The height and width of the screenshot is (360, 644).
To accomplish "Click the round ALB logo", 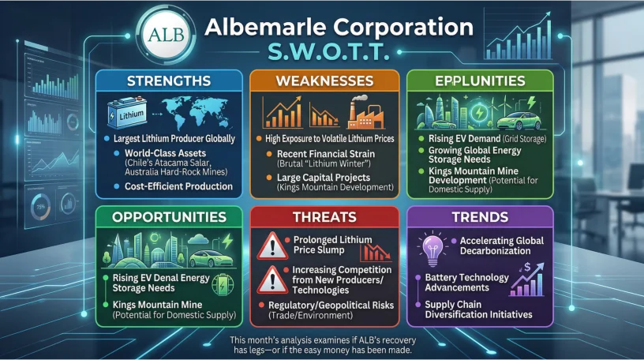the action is [167, 36].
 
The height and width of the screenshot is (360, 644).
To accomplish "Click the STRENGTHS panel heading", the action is [169, 81].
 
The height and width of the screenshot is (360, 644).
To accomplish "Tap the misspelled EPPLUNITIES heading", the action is [480, 81].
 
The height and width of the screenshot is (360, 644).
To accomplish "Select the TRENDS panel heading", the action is [480, 217].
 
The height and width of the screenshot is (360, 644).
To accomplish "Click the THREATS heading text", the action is [324, 217].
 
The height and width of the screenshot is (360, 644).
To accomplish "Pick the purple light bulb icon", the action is [432, 249].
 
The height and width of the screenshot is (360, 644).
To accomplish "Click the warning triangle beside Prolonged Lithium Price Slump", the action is [272, 246].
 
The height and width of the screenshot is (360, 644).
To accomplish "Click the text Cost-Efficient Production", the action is [178, 186].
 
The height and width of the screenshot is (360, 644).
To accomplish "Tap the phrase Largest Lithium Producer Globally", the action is [174, 139].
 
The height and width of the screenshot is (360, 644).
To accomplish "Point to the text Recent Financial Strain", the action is [326, 154].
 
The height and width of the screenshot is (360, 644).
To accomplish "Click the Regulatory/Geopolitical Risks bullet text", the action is [331, 306].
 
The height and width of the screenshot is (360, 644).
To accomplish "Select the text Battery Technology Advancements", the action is [466, 283].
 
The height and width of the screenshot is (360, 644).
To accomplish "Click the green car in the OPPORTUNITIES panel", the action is [211, 258].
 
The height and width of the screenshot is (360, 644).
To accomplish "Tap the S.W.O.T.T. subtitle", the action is [328, 52].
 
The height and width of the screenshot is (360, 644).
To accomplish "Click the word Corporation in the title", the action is [403, 28].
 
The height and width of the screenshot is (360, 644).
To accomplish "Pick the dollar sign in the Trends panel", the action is [527, 268].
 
